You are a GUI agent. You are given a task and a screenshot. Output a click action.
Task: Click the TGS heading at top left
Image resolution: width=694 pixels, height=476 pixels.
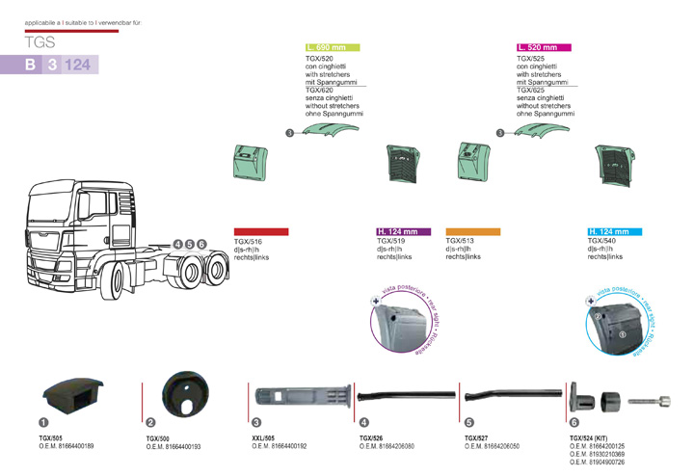[x=40, y=43]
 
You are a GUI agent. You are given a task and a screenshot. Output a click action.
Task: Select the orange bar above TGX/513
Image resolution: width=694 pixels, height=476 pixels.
[x=472, y=232]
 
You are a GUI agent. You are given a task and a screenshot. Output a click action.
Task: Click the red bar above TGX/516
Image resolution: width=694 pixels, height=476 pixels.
[x=261, y=232]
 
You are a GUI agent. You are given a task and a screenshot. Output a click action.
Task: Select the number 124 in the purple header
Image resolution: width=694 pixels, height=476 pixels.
[x=80, y=66]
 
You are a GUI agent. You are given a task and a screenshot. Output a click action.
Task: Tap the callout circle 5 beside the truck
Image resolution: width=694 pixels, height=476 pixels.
[x=190, y=245]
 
